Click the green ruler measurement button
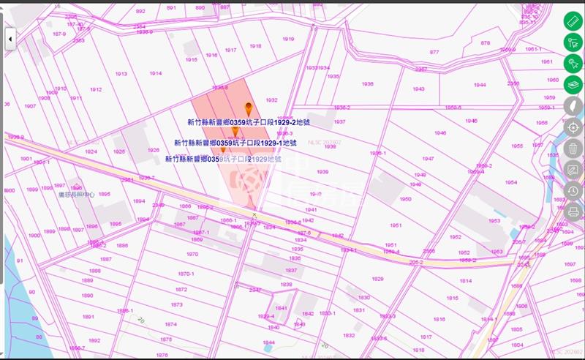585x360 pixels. (x=573, y=20)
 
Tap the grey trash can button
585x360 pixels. (x=573, y=149)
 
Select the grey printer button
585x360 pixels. (x=573, y=212)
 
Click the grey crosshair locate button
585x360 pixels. (x=573, y=127)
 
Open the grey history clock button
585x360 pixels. (x=573, y=191)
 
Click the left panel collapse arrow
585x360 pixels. (x=10, y=39)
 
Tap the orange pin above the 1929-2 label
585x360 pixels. (x=248, y=108)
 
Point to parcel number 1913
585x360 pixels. (x=121, y=74)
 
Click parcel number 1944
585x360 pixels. (x=479, y=85)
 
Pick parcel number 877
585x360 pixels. (x=434, y=52)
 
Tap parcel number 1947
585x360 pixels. (x=428, y=158)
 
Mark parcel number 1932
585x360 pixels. (x=271, y=100)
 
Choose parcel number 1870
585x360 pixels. (x=192, y=254)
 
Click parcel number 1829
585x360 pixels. (x=377, y=279)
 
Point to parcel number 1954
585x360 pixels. (x=510, y=182)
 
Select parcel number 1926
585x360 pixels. (x=154, y=150)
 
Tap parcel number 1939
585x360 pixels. (x=322, y=171)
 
